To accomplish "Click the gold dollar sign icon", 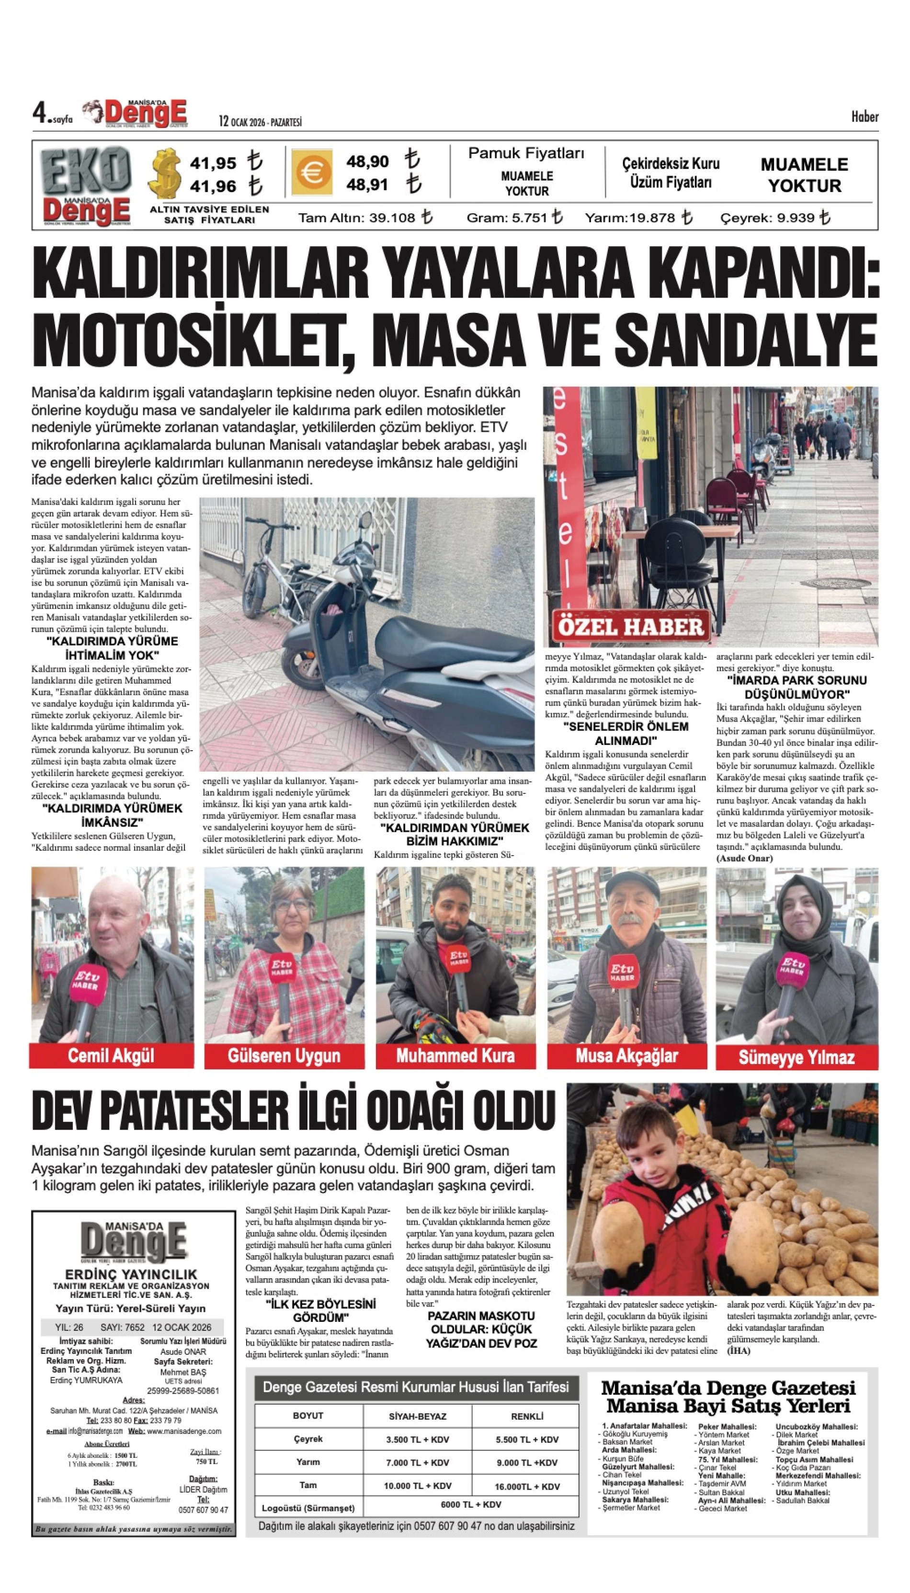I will tap(165, 174).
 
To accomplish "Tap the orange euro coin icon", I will tap(311, 172).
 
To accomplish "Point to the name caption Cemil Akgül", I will tap(111, 1056).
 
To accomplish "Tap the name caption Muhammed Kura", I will tap(455, 1056).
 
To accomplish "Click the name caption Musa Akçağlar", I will tap(626, 1056).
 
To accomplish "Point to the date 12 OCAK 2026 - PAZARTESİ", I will tap(260, 122).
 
